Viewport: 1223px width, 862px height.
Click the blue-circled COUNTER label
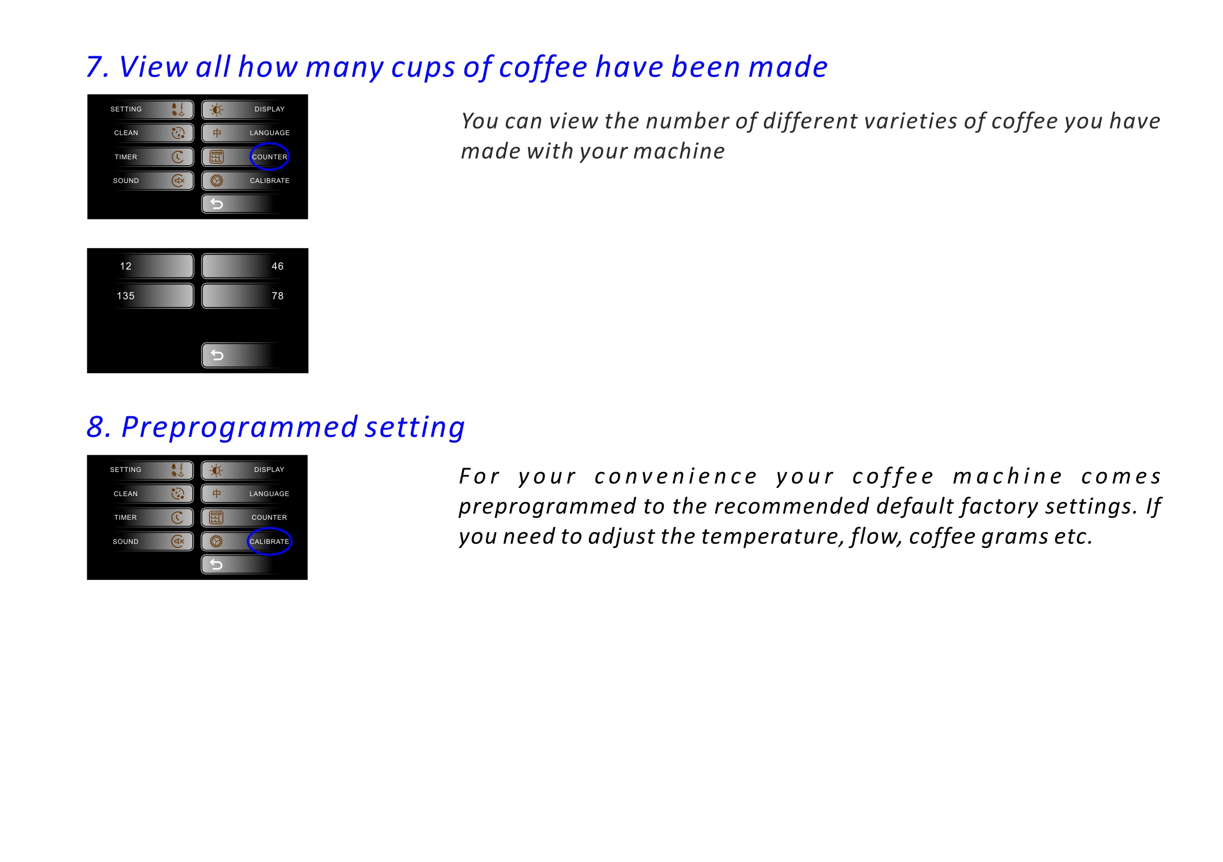[270, 157]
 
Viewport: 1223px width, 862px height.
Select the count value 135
[126, 296]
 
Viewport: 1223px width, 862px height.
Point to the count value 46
[278, 266]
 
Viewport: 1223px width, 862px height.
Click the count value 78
[278, 296]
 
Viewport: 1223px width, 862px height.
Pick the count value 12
[126, 266]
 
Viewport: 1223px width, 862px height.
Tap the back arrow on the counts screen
[217, 355]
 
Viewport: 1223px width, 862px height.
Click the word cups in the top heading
[424, 68]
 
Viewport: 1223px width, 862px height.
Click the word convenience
[676, 476]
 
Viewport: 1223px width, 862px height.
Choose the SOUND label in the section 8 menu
[126, 541]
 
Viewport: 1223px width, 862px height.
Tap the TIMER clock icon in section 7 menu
[178, 157]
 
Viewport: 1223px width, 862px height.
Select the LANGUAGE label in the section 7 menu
[270, 133]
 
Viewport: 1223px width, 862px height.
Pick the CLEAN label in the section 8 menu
[126, 494]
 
